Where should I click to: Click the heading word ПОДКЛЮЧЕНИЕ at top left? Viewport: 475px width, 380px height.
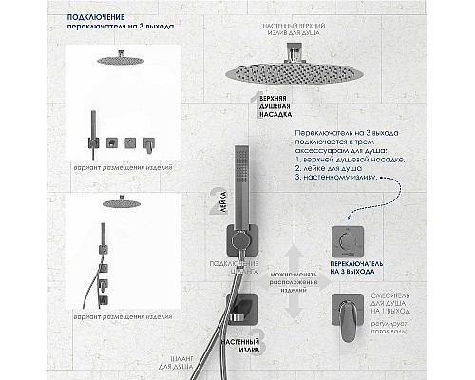coord(96,16)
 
